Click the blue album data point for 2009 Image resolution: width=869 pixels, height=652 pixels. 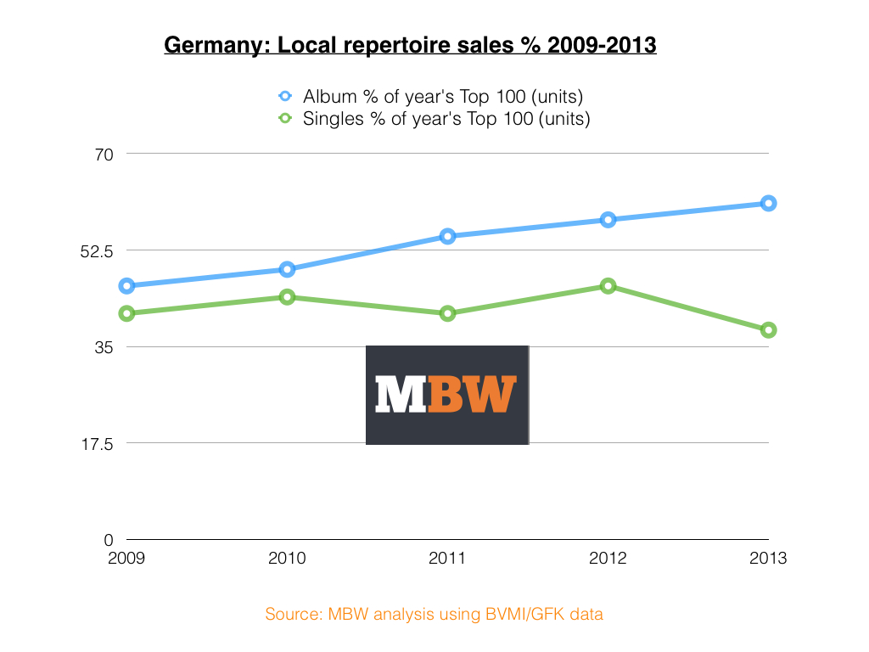pyautogui.click(x=126, y=286)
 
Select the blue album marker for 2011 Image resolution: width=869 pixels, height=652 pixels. pyautogui.click(x=447, y=236)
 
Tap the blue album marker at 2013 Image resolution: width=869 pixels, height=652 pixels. pyautogui.click(x=768, y=203)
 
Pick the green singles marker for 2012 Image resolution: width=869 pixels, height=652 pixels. pyautogui.click(x=608, y=286)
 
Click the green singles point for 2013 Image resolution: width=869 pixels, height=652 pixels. pyautogui.click(x=768, y=330)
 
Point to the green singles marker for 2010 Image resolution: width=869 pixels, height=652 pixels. pyautogui.click(x=287, y=297)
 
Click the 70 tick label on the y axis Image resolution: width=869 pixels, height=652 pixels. pyautogui.click(x=104, y=154)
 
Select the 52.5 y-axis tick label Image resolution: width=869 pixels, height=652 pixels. pyautogui.click(x=96, y=250)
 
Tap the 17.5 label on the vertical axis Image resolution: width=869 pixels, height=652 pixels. pyautogui.click(x=96, y=443)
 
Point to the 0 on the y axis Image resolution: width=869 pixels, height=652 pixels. pyautogui.click(x=108, y=540)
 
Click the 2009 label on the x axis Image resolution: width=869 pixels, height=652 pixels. pyautogui.click(x=126, y=559)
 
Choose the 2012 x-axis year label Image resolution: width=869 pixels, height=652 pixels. pyautogui.click(x=608, y=559)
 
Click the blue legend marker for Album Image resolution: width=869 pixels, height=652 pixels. pyautogui.click(x=285, y=96)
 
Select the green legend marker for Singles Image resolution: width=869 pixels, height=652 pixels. pyautogui.click(x=285, y=119)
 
